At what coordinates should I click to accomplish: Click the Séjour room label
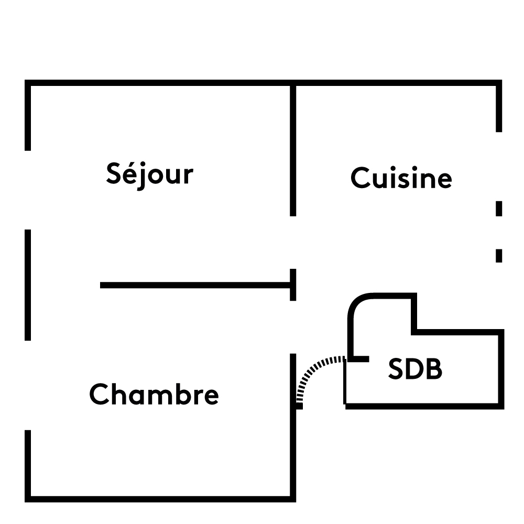[x=149, y=174]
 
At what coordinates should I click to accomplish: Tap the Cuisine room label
[x=401, y=178]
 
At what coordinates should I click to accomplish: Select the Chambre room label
[x=154, y=394]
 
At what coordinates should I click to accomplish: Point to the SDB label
[x=415, y=369]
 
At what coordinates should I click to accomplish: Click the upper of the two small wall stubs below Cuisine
[x=499, y=209]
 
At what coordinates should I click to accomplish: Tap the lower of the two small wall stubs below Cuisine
[x=499, y=255]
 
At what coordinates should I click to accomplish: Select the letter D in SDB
[x=416, y=369]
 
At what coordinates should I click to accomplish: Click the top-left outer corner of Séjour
[x=28, y=83]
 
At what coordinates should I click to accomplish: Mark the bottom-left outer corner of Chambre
[x=28, y=499]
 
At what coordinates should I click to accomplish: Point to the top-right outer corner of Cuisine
[x=499, y=83]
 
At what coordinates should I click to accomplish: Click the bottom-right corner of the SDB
[x=500, y=405]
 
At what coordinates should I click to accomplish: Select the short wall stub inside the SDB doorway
[x=359, y=359]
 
